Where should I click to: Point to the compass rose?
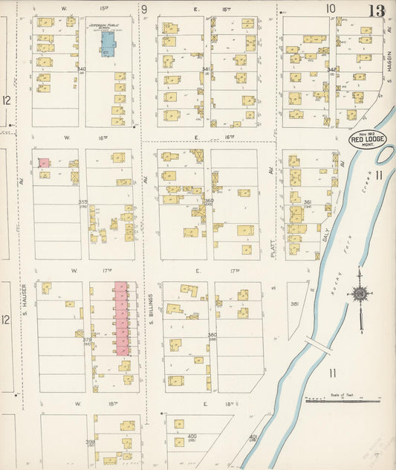360,294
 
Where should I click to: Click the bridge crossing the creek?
317,347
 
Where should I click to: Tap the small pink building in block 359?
44,162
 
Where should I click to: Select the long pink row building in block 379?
121,318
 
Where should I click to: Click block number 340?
82,69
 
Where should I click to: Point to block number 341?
207,69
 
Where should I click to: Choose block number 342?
332,69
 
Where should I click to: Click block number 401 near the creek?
253,437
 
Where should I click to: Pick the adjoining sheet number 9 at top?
144,9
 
